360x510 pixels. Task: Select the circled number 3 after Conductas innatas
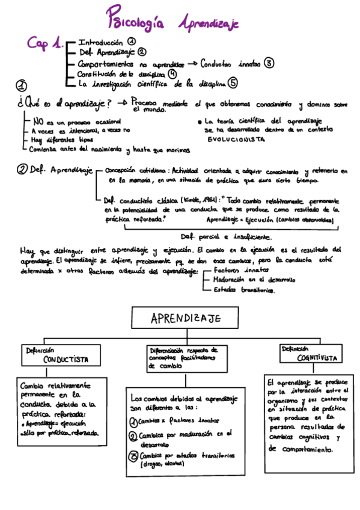click(269, 63)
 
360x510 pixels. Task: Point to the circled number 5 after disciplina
click(233, 83)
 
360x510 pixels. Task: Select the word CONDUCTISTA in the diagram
click(66, 359)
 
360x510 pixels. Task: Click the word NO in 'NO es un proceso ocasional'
click(38, 120)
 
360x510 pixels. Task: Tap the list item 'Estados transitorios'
click(245, 290)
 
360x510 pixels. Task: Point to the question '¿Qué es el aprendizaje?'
click(64, 103)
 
